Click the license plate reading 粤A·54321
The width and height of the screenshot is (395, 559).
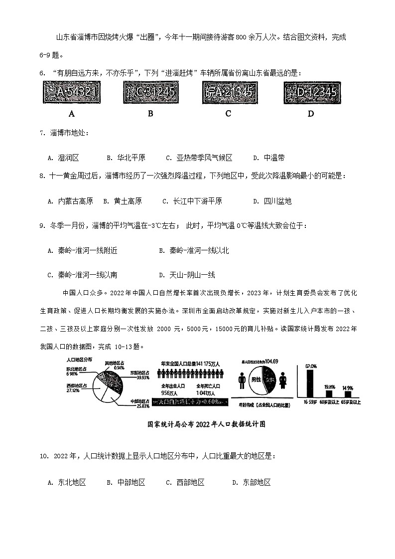[x=71, y=92]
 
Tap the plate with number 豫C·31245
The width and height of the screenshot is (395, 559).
[x=150, y=91]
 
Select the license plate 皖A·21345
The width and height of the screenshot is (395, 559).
[x=228, y=91]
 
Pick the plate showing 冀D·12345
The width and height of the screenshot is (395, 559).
[x=311, y=92]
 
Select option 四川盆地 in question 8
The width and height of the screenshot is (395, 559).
[x=277, y=201]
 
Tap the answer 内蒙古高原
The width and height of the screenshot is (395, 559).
[x=75, y=201]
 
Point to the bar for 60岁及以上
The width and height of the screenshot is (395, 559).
[x=329, y=393]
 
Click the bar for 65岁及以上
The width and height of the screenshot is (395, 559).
[x=348, y=394]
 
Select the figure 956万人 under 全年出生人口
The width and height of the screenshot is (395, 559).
[x=170, y=393]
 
